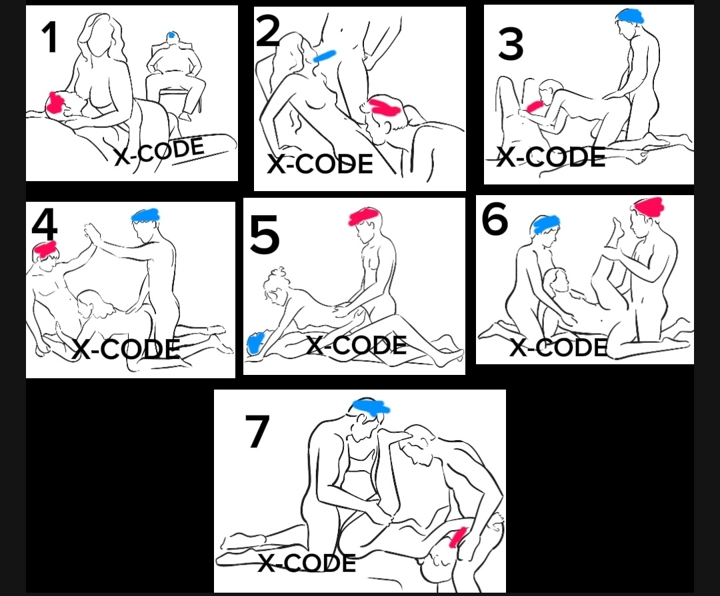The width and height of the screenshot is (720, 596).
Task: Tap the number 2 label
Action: click(268, 32)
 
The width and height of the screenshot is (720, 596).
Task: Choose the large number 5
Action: click(265, 236)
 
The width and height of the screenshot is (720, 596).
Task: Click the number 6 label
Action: click(495, 220)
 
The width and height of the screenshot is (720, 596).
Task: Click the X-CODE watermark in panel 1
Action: click(159, 151)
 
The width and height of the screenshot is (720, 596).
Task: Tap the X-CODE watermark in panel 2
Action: click(319, 164)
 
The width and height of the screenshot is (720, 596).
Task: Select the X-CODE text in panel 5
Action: click(356, 345)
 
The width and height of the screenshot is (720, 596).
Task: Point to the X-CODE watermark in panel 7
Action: click(307, 563)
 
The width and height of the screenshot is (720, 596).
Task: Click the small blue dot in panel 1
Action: click(172, 35)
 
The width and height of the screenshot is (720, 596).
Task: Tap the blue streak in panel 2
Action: click(325, 56)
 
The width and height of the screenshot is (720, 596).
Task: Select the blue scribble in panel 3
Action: click(629, 16)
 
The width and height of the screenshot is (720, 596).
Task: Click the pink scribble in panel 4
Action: click(45, 249)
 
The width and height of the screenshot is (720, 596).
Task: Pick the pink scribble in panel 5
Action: click(365, 216)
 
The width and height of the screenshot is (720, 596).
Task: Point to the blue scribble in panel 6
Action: click(545, 224)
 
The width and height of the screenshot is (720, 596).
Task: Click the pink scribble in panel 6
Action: click(648, 206)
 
